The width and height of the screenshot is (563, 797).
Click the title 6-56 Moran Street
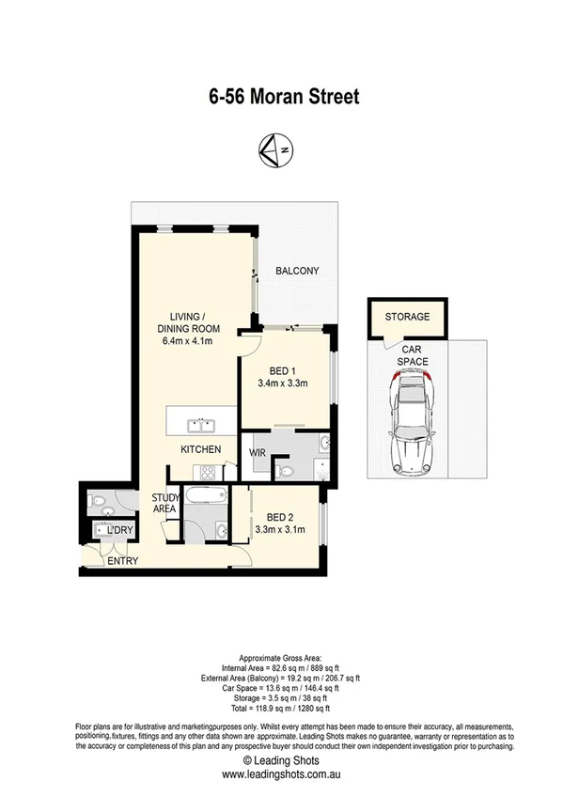(x=283, y=96)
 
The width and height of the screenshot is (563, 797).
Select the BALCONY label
(x=297, y=271)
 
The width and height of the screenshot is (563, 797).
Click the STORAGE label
(x=407, y=317)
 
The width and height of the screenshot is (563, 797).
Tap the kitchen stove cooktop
(x=207, y=470)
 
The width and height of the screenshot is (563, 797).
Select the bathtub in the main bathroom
(x=204, y=495)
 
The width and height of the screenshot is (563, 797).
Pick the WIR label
(x=258, y=453)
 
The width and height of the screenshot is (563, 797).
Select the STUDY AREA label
(x=164, y=504)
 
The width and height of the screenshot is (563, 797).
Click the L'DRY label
(x=120, y=531)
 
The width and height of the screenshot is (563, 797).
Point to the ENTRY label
(x=122, y=561)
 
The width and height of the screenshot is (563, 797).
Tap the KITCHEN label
(x=200, y=449)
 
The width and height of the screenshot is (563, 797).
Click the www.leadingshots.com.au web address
(x=282, y=748)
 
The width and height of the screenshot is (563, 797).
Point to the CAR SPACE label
(x=412, y=354)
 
